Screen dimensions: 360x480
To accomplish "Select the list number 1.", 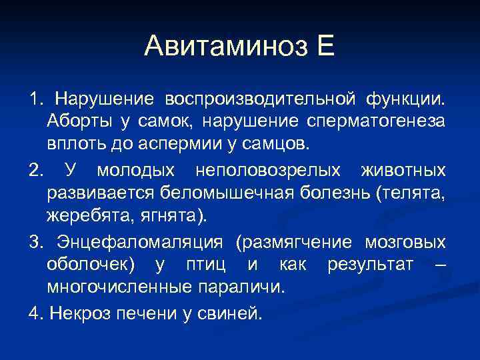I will click(x=34, y=99).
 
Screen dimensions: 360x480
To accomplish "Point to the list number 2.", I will click(x=35, y=171).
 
